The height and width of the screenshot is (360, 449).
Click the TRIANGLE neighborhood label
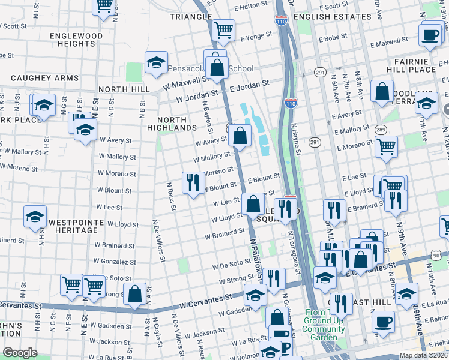pyautogui.click(x=191, y=17)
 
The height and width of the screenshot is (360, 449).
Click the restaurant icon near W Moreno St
pyautogui.click(x=193, y=182)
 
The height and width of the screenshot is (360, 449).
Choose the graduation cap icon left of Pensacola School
pyautogui.click(x=156, y=62)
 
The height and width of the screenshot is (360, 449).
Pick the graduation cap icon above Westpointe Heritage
pyautogui.click(x=35, y=217)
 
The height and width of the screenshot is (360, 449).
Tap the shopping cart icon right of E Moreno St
pyautogui.click(x=386, y=146)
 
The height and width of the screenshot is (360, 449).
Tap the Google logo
pyautogui.click(x=19, y=353)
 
